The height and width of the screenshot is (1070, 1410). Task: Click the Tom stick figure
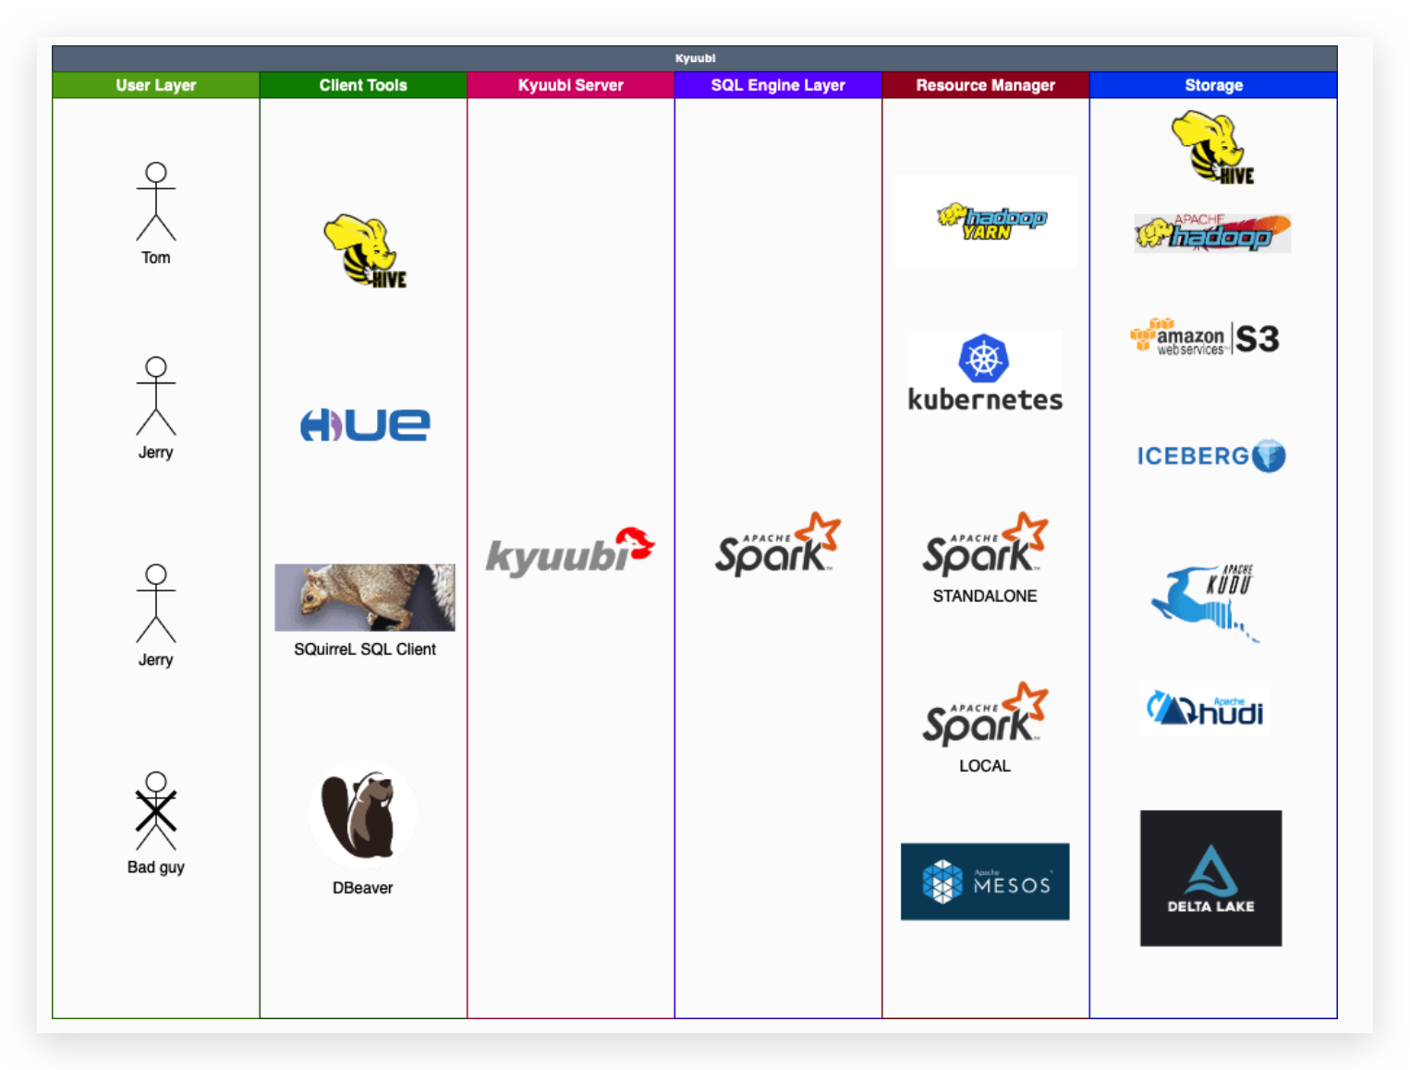click(x=156, y=201)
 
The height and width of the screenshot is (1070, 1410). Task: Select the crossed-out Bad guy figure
click(x=156, y=811)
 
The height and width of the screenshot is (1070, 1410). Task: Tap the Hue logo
click(x=365, y=425)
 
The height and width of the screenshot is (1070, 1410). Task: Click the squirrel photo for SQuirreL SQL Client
click(x=365, y=597)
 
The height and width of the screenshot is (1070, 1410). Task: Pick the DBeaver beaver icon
click(x=362, y=814)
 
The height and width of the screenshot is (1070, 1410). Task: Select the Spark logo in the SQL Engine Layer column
click(x=777, y=545)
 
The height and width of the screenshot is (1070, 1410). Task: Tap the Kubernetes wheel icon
click(x=983, y=359)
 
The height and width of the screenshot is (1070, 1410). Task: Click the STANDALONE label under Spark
click(x=984, y=596)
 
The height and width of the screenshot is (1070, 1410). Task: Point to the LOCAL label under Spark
click(x=984, y=766)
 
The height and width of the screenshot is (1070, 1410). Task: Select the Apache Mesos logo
click(x=985, y=882)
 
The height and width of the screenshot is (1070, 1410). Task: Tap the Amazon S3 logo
click(x=1205, y=338)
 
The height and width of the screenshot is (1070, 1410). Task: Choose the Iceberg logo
click(x=1210, y=456)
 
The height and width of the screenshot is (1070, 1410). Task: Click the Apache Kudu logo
click(x=1205, y=601)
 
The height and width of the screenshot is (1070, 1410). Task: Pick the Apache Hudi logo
click(x=1206, y=709)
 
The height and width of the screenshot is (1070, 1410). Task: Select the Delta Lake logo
click(x=1210, y=878)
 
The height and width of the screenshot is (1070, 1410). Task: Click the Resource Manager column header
click(x=985, y=85)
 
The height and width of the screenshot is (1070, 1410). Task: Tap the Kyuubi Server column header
click(x=570, y=85)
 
